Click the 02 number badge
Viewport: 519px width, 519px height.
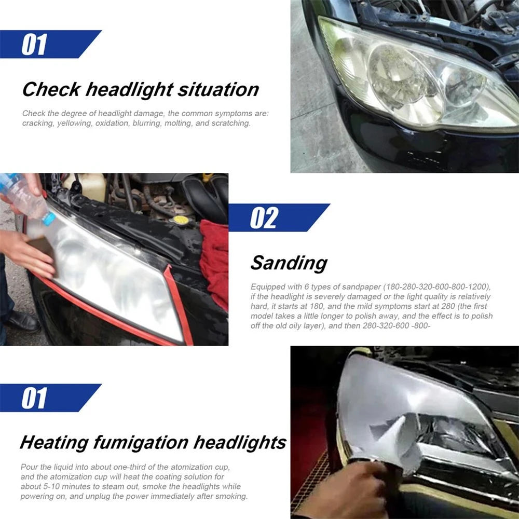point(264,218)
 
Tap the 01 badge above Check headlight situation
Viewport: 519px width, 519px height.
point(34,44)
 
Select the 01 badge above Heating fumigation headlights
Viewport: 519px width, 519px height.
point(34,398)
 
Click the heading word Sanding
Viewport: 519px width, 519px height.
point(289,263)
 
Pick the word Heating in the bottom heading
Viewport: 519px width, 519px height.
point(53,443)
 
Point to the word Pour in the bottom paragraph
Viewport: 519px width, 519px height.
point(29,467)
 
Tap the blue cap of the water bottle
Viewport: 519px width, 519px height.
point(48,218)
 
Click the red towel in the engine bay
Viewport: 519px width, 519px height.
point(214,259)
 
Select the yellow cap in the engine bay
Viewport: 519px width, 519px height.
point(181,220)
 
